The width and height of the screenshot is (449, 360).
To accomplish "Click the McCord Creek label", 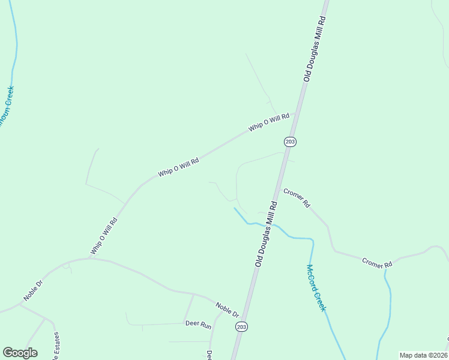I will (316, 288).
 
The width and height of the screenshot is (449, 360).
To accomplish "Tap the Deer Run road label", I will (198, 325).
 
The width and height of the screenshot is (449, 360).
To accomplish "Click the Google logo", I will (20, 353).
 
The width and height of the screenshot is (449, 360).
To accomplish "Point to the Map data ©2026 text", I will (424, 355).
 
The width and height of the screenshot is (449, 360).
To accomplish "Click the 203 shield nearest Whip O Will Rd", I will (290, 141).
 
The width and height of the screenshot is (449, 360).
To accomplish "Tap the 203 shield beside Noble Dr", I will (241, 327).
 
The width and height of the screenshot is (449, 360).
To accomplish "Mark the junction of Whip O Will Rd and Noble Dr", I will (90, 259).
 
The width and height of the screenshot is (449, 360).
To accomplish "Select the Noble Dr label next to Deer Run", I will (228, 310).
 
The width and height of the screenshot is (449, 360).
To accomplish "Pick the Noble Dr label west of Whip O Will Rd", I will (34, 290).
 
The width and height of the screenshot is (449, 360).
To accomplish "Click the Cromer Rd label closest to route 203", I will (297, 199).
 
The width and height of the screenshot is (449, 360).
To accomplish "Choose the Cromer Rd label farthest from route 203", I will (376, 263).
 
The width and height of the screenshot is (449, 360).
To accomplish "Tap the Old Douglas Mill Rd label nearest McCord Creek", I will (266, 234).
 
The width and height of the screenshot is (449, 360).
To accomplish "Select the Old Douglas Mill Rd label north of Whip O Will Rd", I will (315, 49).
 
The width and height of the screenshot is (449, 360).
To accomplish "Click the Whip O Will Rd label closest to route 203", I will (269, 122).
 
